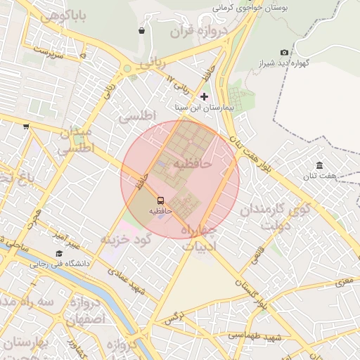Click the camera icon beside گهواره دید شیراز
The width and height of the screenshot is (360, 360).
pos(284,53)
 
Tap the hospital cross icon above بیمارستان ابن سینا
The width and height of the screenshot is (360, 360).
pos(205,96)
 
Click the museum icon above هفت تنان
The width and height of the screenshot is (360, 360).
pos(320,165)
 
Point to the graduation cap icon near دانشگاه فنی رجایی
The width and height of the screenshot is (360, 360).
pos(59,253)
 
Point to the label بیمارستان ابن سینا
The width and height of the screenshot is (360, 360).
pos(205,108)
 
